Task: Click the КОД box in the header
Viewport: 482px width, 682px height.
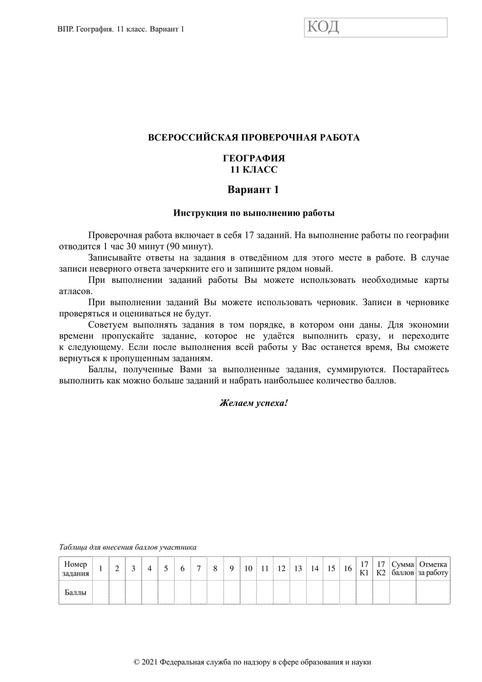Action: pyautogui.click(x=376, y=28)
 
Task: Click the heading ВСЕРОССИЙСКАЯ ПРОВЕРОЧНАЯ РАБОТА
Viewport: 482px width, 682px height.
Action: pyautogui.click(x=254, y=137)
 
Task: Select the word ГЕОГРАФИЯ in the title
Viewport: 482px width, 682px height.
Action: pyautogui.click(x=254, y=159)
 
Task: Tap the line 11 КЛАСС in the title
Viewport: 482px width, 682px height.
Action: pyautogui.click(x=254, y=170)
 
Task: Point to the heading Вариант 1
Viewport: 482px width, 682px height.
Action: pyautogui.click(x=253, y=190)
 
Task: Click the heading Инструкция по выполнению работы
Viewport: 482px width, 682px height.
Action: pyautogui.click(x=254, y=213)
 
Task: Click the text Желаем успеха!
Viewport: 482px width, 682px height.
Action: pyautogui.click(x=253, y=403)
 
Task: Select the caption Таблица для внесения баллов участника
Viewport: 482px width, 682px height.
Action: pyautogui.click(x=128, y=547)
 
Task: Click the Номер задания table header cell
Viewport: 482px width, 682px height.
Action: pyautogui.click(x=75, y=569)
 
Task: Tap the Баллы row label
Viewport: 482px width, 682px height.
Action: pyautogui.click(x=75, y=592)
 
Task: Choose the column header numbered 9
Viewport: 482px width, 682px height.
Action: pyautogui.click(x=231, y=569)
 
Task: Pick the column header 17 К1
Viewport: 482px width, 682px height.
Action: pyautogui.click(x=364, y=569)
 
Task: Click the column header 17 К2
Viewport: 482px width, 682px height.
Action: pyautogui.click(x=381, y=569)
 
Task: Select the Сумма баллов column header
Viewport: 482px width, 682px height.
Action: pyautogui.click(x=402, y=569)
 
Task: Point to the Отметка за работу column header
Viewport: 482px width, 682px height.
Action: pyautogui.click(x=433, y=569)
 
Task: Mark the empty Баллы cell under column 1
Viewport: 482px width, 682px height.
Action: pyautogui.click(x=100, y=592)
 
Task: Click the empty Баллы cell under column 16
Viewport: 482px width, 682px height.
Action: pyautogui.click(x=348, y=592)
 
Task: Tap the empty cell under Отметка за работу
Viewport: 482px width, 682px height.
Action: pyautogui.click(x=433, y=592)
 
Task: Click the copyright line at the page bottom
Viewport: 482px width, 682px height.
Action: pyautogui.click(x=253, y=662)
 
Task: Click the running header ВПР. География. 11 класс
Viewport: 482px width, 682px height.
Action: pyautogui.click(x=121, y=29)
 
